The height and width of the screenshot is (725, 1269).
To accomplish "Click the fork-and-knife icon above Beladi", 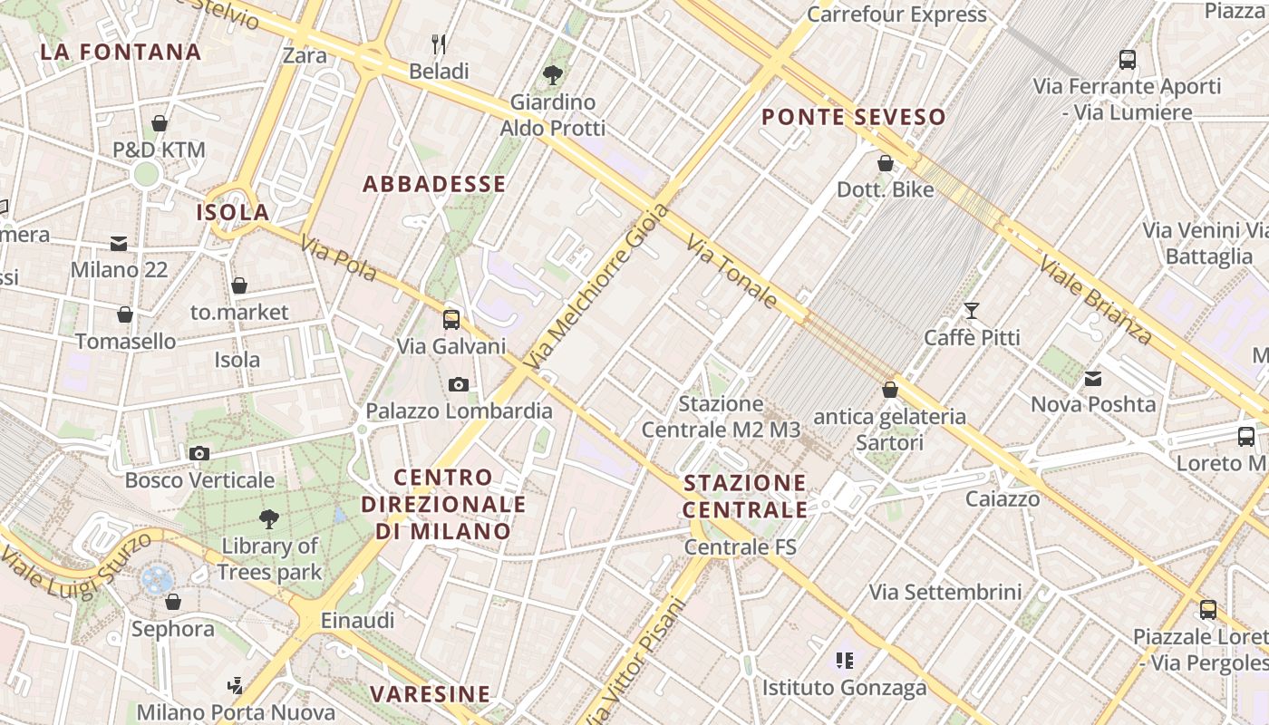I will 439,43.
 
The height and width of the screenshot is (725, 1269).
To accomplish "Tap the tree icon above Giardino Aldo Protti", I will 552,74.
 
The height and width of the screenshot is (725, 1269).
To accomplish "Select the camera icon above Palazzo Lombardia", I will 459,384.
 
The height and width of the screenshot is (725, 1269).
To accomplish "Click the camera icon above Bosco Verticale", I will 199,453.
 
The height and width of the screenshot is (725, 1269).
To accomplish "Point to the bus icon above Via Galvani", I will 450,319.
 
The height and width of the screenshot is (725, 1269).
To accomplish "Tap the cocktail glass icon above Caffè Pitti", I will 972,311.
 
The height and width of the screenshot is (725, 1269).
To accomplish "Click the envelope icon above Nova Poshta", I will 1093,378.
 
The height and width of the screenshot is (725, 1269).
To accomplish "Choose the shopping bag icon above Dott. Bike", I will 885,163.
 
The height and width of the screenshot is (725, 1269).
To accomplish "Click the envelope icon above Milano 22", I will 119,243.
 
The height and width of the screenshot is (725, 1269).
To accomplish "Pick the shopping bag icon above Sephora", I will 172,602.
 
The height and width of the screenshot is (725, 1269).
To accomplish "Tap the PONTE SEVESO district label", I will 853,117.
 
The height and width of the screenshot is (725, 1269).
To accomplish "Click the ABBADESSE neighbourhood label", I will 434,185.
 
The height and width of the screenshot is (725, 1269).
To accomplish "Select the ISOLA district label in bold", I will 233,213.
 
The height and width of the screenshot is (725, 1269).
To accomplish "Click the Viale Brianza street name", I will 1095,299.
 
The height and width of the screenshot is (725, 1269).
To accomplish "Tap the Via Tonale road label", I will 731,271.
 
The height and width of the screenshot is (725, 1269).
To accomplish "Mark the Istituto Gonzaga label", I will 844,688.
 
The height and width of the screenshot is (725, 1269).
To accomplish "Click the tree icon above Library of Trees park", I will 268,519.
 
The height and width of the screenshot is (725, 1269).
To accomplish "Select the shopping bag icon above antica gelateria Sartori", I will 890,390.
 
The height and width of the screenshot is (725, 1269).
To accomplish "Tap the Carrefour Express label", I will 896,14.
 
